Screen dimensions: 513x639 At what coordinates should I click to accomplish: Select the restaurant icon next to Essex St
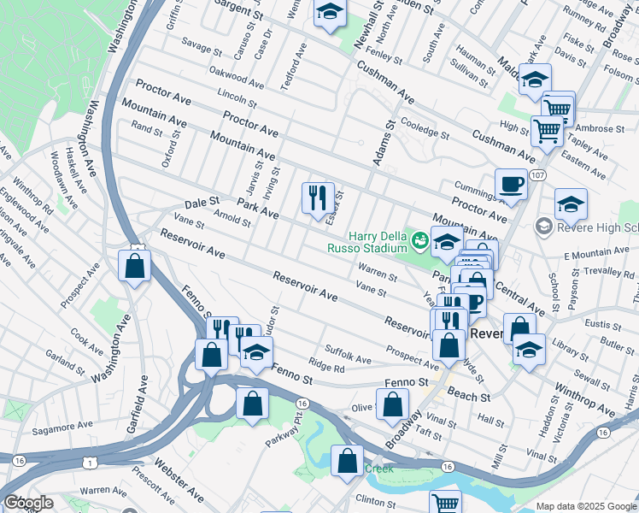[318, 198]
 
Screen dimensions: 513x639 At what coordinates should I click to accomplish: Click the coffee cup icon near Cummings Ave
[511, 185]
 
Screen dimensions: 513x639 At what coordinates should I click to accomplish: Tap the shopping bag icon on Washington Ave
[135, 265]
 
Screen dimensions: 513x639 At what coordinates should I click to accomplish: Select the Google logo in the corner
[28, 503]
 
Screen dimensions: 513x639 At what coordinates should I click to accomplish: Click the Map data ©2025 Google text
[585, 506]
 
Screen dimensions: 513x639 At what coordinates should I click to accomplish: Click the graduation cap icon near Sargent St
[329, 13]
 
